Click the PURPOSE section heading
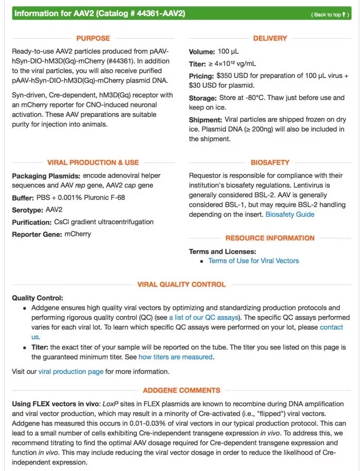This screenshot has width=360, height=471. point(92,38)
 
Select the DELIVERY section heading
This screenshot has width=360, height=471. point(270,38)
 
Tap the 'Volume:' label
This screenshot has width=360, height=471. point(202,52)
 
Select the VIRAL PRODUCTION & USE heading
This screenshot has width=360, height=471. point(93,162)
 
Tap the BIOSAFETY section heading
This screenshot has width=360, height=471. point(270,162)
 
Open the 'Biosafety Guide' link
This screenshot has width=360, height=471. point(290,214)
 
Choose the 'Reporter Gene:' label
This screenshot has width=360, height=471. point(37,235)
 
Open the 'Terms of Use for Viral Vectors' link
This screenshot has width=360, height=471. point(254,261)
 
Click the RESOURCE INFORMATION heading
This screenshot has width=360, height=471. point(270,238)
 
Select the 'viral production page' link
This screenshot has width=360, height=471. point(70,372)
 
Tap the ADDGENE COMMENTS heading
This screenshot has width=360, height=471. point(181,391)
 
